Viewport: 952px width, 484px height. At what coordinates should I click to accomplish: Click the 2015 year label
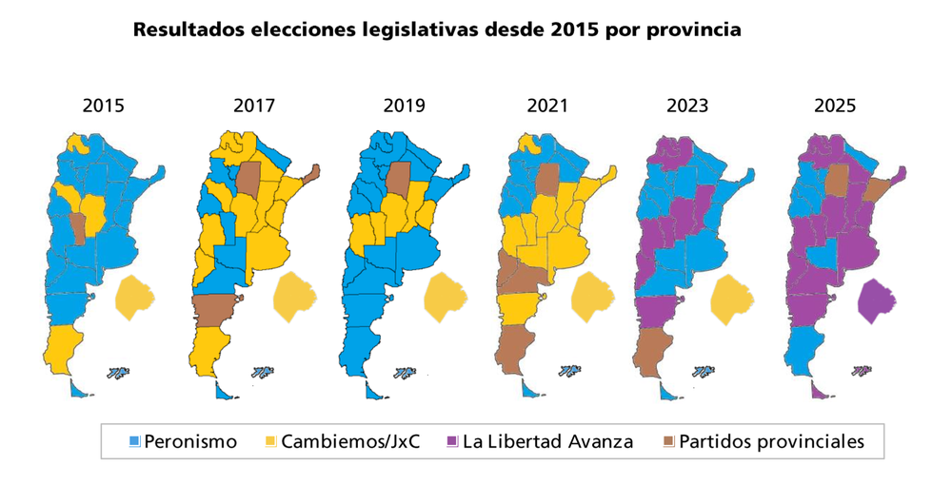tap(103, 106)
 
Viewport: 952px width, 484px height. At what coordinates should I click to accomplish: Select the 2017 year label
tap(254, 106)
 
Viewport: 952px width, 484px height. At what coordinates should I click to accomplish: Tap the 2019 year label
tap(404, 106)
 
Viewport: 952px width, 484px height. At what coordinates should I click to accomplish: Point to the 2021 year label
tap(547, 106)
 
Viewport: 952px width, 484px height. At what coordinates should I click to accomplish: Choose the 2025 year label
tap(835, 106)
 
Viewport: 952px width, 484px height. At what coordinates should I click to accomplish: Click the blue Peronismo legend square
tap(135, 441)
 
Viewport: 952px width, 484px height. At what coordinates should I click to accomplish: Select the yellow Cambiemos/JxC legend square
tap(271, 441)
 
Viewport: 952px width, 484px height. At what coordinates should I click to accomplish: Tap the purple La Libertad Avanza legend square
tap(453, 441)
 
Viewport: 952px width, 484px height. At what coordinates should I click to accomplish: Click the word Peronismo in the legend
tap(190, 441)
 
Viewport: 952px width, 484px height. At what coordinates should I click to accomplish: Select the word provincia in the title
tap(693, 29)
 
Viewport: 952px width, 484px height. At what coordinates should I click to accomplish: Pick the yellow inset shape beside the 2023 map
tap(732, 297)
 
